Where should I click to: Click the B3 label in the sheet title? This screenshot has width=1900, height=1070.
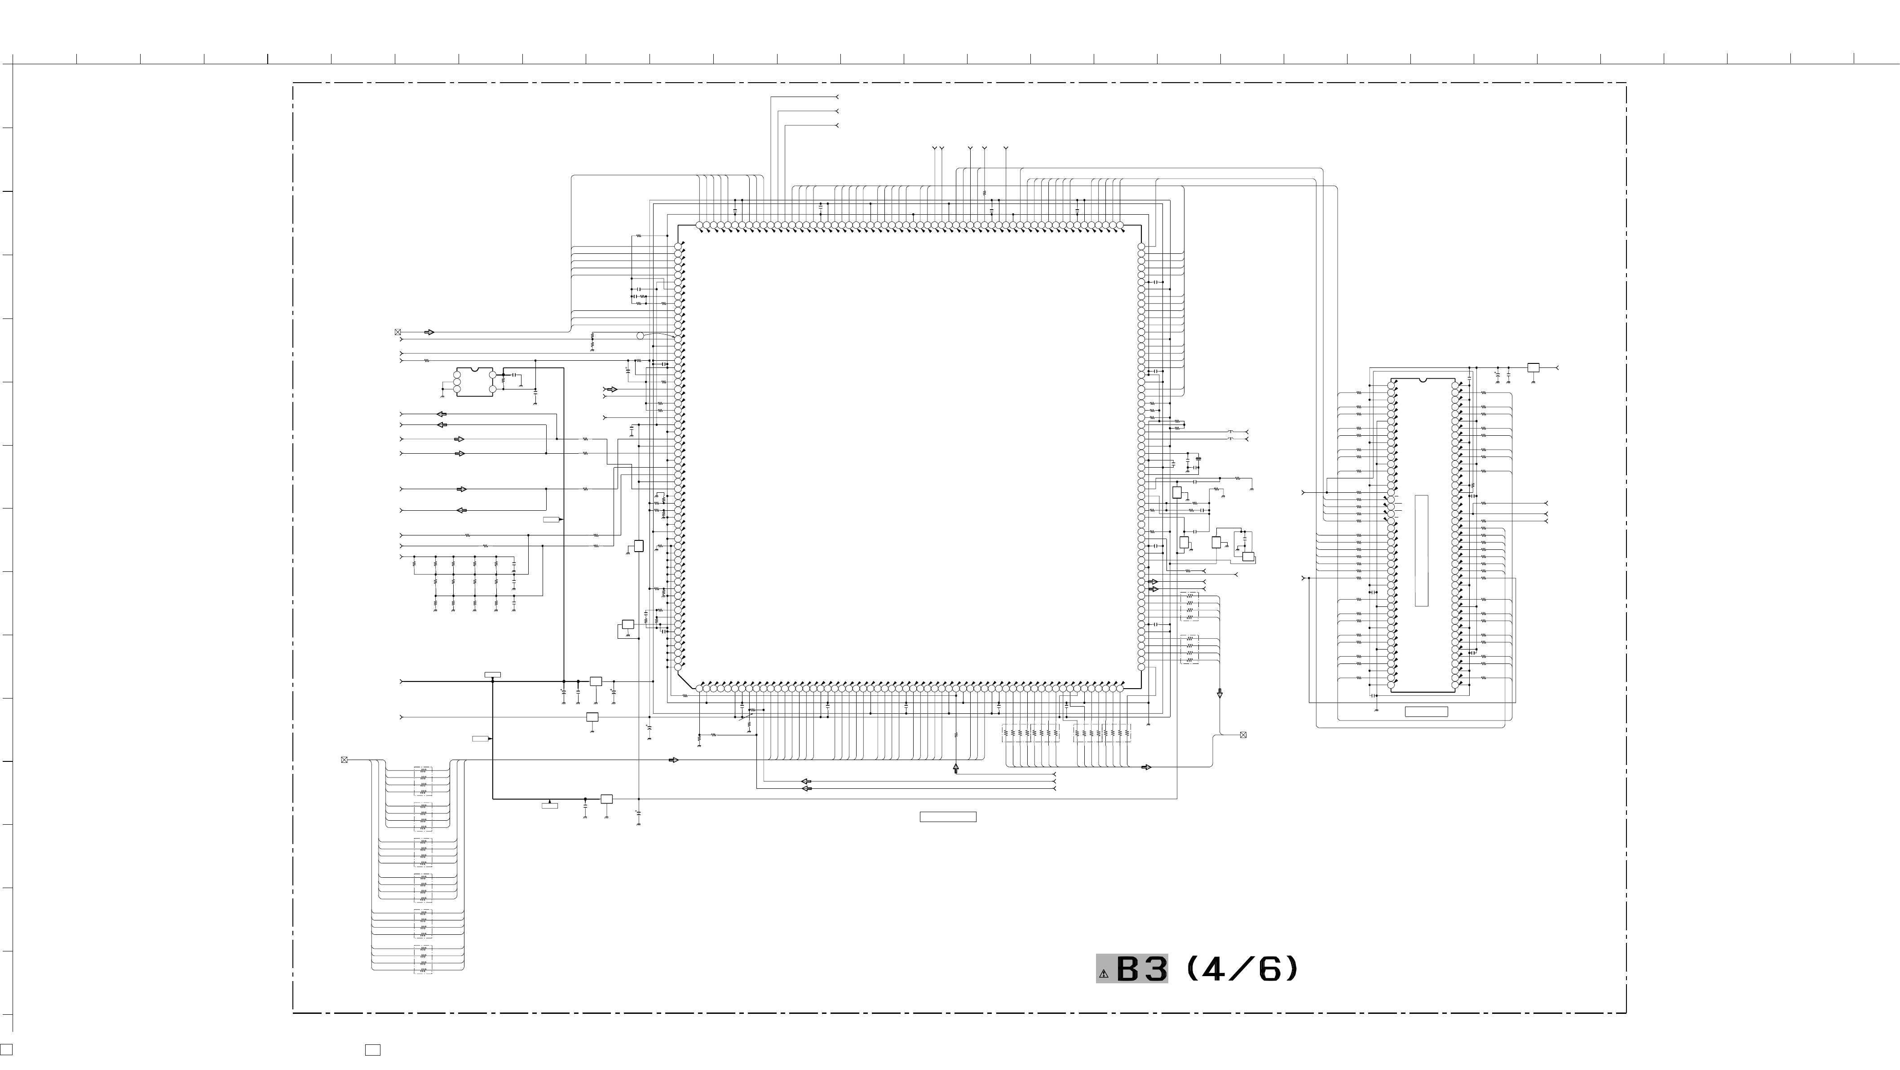(x=1141, y=969)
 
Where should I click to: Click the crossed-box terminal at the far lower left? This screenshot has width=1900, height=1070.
(x=344, y=760)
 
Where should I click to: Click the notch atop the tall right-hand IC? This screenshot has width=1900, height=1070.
(x=1423, y=380)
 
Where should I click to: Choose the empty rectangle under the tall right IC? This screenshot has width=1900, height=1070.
(x=1426, y=712)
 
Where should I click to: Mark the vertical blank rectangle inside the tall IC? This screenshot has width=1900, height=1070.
(x=1421, y=550)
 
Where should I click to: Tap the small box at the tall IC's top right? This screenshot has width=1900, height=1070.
(x=1533, y=367)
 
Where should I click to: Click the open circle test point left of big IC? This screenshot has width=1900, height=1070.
(x=640, y=336)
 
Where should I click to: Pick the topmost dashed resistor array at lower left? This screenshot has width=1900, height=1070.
(x=423, y=781)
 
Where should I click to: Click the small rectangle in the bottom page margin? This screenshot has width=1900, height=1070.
(x=372, y=1050)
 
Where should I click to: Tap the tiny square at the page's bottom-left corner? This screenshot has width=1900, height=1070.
(x=6, y=1049)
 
